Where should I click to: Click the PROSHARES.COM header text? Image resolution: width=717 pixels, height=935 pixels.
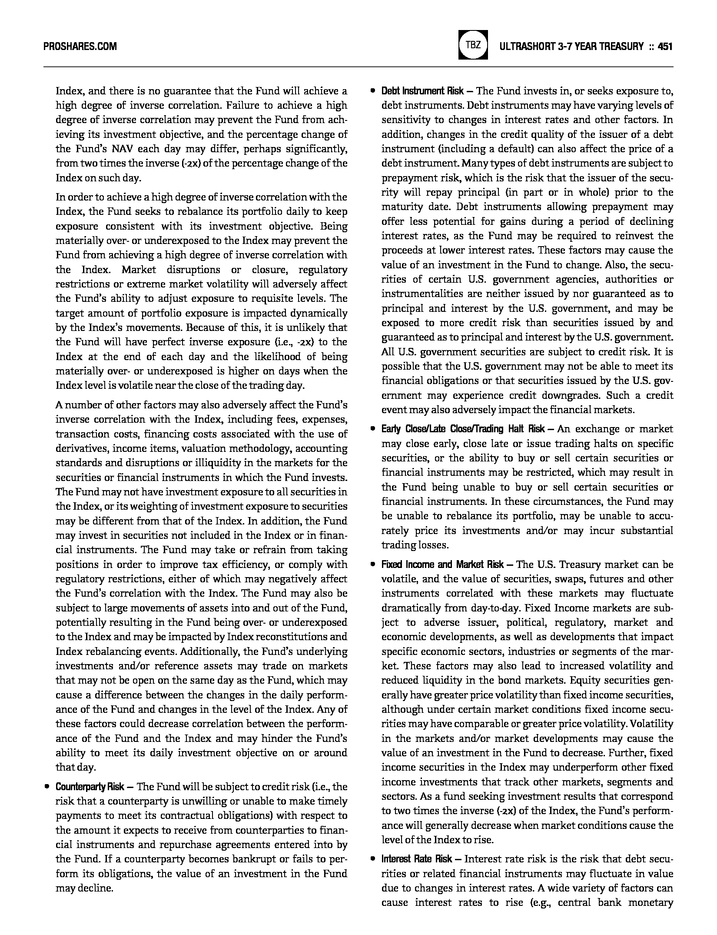coord(80,46)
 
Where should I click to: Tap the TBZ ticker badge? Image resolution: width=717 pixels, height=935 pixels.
coord(473,45)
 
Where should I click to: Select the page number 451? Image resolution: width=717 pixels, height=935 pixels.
coord(665,46)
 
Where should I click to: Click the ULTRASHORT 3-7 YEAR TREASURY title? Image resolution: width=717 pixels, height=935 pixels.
coord(571,46)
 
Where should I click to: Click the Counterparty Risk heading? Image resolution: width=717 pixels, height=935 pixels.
coord(90,787)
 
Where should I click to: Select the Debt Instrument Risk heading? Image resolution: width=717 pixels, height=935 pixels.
coord(422,91)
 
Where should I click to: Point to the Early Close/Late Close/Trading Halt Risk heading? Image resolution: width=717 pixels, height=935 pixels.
coord(463,429)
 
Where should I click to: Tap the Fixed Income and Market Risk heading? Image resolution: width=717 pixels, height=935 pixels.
coord(442,564)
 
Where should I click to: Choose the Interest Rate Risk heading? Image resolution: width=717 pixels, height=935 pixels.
coord(417,859)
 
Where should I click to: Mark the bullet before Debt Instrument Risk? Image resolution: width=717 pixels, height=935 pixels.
coord(372,91)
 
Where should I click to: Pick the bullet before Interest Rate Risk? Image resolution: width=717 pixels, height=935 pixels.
coord(372,859)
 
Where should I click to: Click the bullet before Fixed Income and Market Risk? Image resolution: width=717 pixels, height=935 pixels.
coord(372,564)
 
